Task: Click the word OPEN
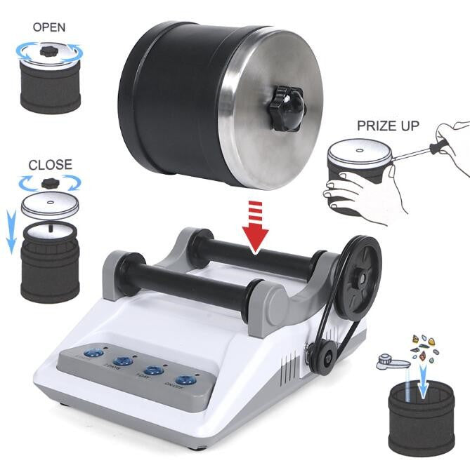coord(49,27)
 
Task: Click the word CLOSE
coord(50,164)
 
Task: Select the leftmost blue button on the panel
coord(90,355)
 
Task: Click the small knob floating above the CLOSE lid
coord(50,183)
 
